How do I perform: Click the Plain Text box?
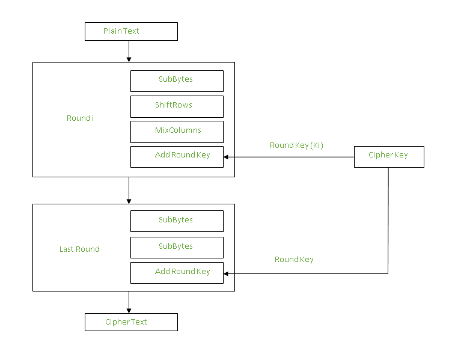pos(131,31)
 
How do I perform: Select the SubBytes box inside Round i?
pos(177,81)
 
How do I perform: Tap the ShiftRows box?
pos(177,106)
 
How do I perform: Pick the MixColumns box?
pos(177,132)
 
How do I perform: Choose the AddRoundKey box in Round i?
pos(177,156)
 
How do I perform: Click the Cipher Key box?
pos(388,156)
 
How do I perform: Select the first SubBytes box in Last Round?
pos(177,221)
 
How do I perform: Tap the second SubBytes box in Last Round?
pos(177,247)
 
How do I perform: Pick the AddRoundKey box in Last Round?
pos(177,272)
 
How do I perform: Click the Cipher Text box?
pos(131,322)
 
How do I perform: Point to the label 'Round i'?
pos(80,118)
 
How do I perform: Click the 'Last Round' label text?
pos(79,249)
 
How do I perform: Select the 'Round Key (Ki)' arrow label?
pos(296,145)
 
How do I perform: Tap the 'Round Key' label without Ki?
pos(294,260)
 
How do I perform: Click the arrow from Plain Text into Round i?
pos(129,51)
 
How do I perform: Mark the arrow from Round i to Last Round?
pos(129,190)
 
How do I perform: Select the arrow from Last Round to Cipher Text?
pos(129,302)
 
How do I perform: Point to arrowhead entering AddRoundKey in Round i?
pos(227,157)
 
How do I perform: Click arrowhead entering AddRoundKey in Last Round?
pos(227,273)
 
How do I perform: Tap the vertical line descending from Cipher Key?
pos(388,219)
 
